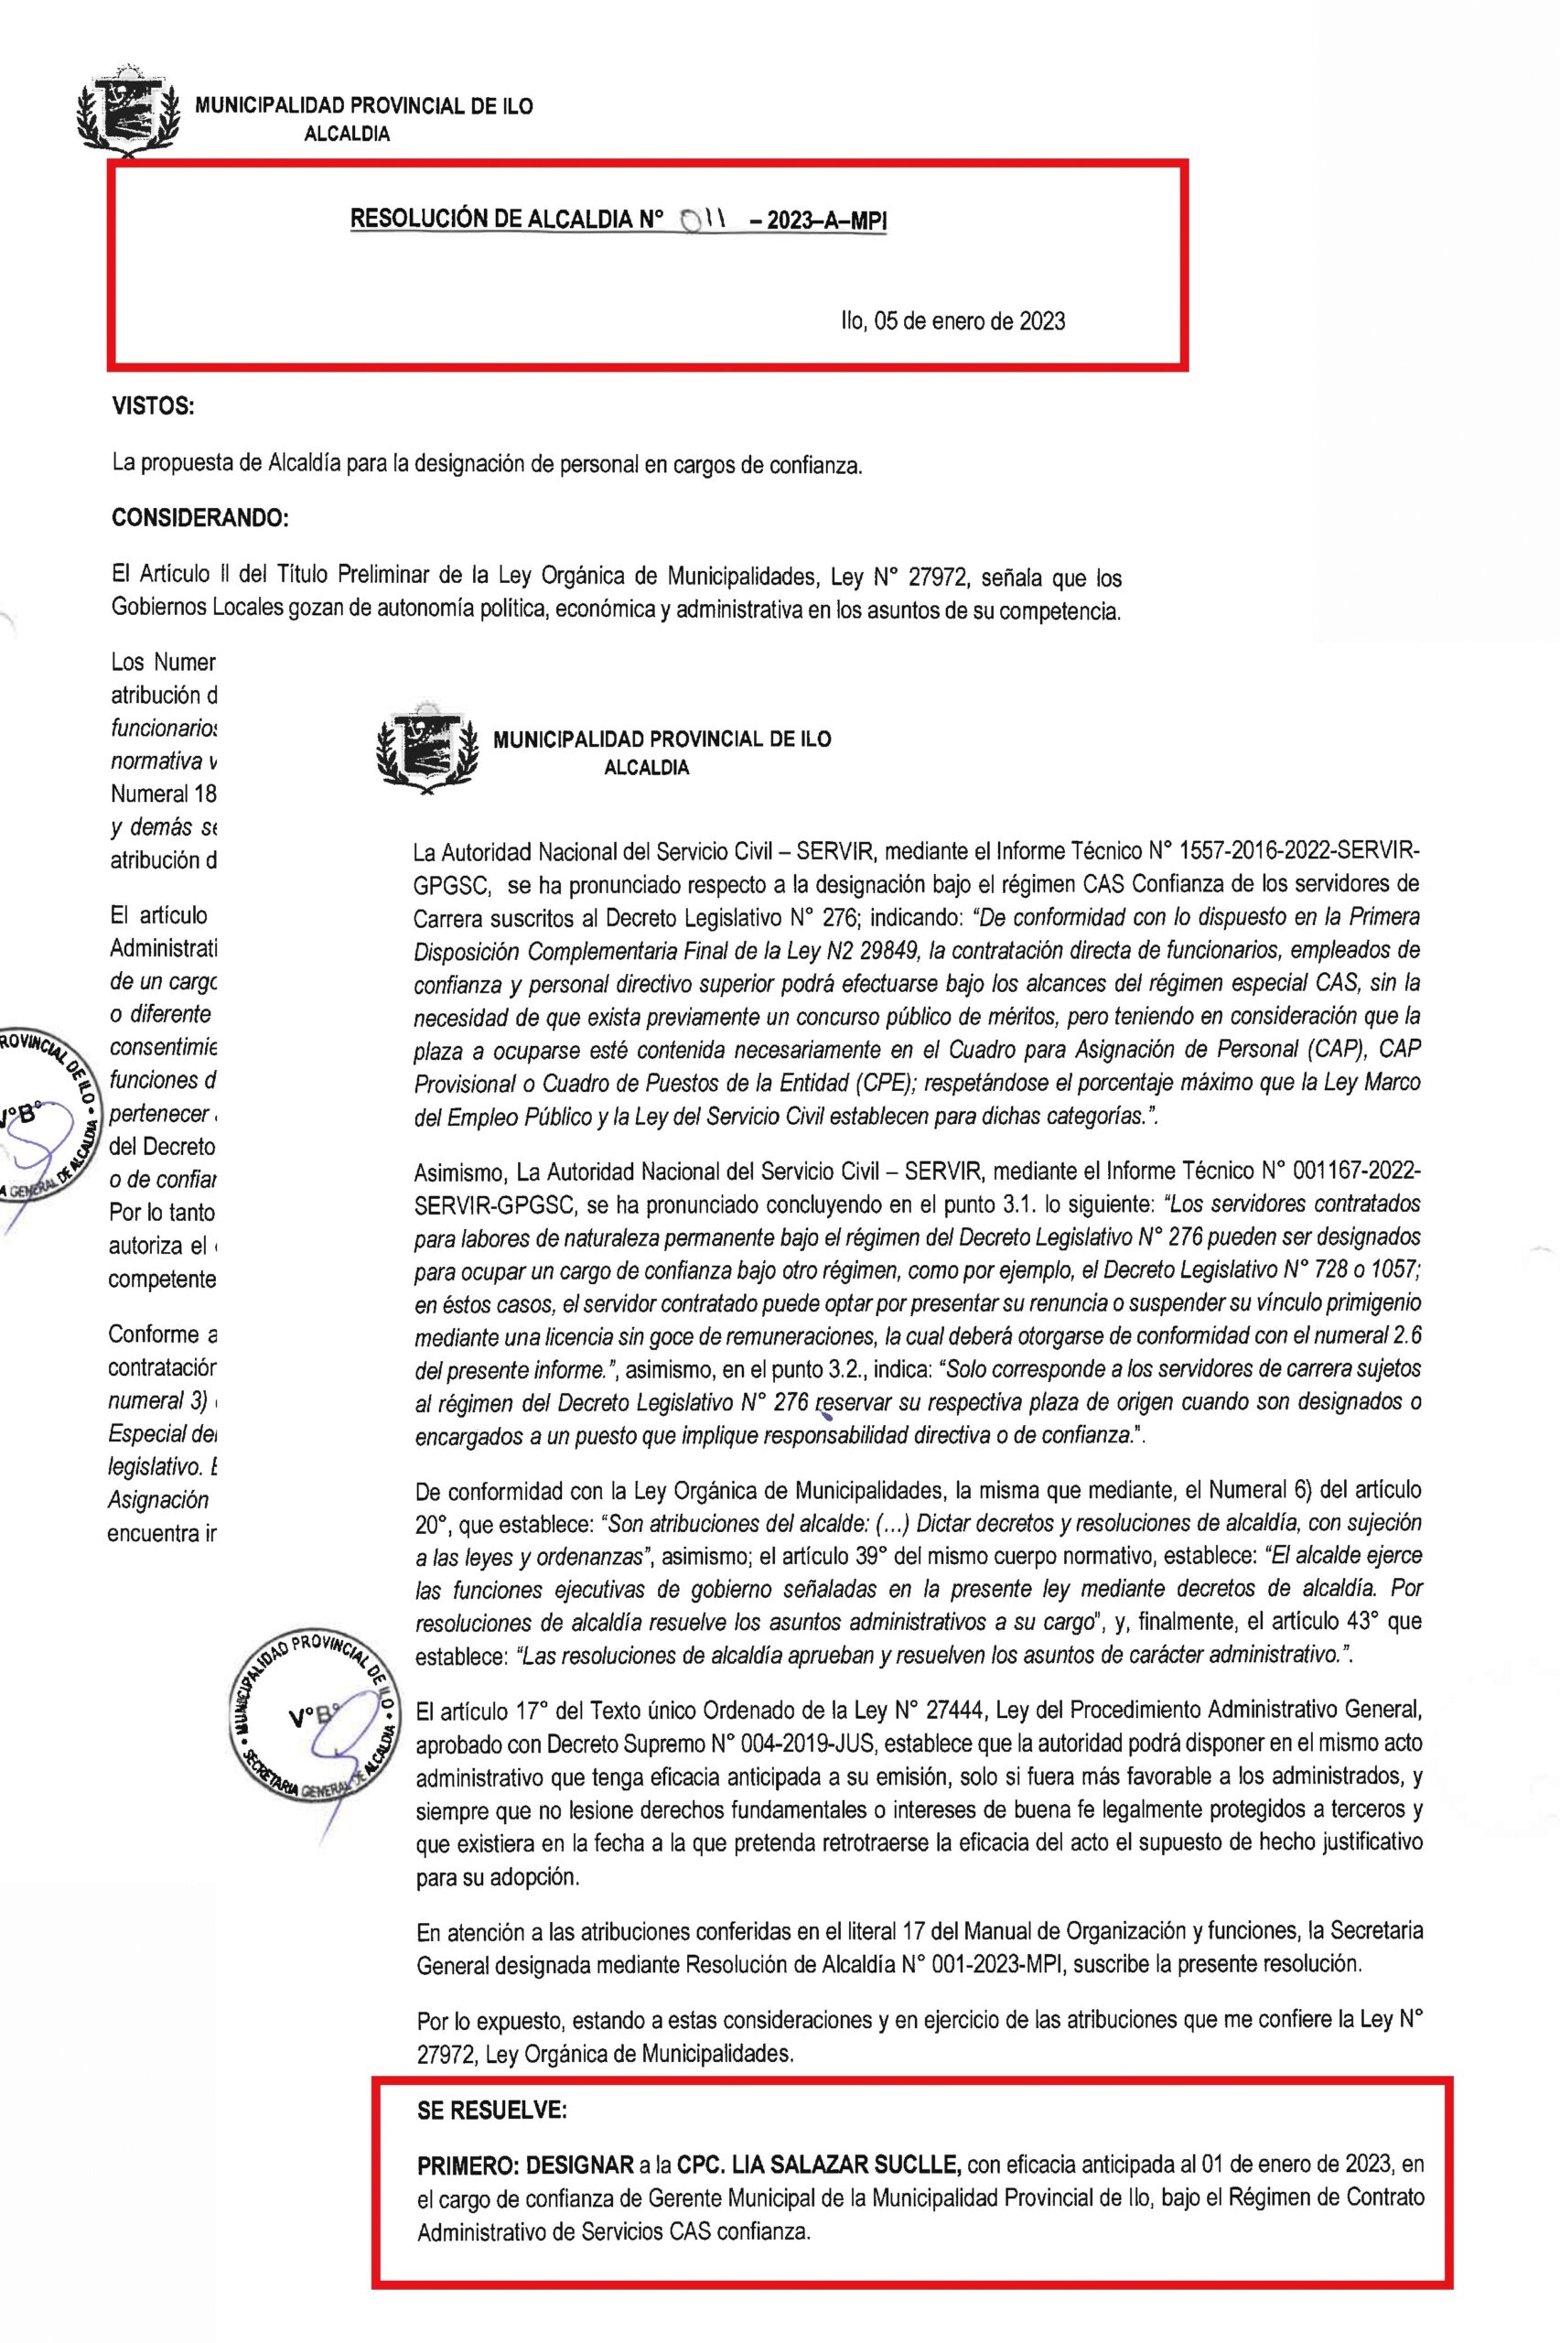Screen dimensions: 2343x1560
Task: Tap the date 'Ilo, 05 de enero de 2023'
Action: (953, 321)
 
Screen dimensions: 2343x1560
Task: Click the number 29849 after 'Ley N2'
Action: (885, 950)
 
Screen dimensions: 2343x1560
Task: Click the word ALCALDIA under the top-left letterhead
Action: (346, 135)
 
